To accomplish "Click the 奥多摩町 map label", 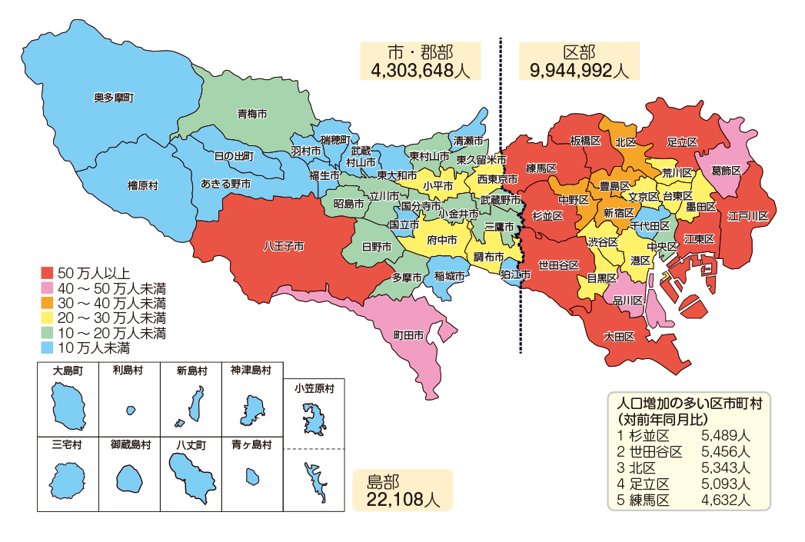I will coord(113,98).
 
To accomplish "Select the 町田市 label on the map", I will coord(408,335).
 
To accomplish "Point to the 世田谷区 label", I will coord(559,265).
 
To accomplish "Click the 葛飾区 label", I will coord(726,170).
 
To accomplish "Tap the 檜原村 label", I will coord(142,185).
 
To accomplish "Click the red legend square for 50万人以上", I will coord(47,273).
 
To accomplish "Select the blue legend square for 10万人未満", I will coord(47,347).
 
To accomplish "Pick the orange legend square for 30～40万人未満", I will coord(47,303).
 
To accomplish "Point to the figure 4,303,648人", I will coord(420,71).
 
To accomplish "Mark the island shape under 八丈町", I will coord(190,477).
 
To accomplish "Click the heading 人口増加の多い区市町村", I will coord(690,404).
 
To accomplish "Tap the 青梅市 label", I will coord(251,114).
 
